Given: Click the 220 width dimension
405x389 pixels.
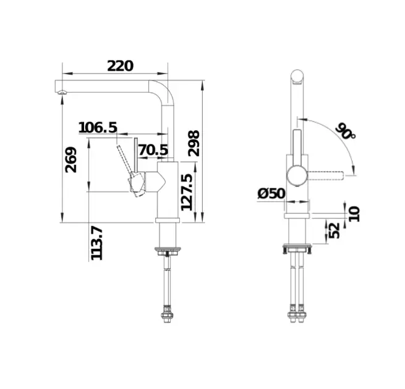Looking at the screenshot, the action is coord(121,66).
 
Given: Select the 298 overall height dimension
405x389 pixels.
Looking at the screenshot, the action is coord(194,143).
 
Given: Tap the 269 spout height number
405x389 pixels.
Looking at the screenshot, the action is coord(71,160).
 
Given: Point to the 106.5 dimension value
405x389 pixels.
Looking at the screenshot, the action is coord(98,127).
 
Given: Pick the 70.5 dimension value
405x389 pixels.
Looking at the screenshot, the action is coord(153,150).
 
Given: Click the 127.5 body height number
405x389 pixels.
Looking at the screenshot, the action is coord(187,192).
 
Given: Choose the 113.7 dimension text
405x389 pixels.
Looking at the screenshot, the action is coord(97,243).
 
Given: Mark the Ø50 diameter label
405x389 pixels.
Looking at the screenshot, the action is coord(271,193).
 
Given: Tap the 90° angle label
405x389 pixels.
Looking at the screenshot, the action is coord(346,131).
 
